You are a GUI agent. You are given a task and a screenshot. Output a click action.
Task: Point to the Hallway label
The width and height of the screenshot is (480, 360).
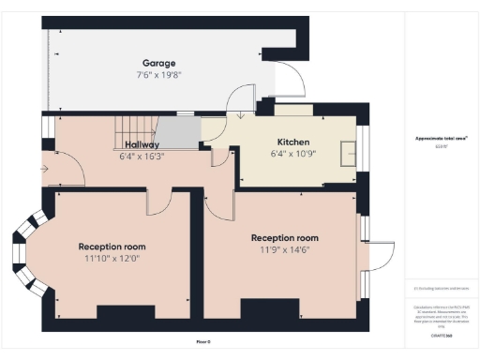142,144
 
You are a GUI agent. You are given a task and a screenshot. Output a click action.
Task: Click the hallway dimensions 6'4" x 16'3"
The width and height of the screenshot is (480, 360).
142,157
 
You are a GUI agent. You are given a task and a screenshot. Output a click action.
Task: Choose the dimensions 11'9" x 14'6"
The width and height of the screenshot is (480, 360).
283,250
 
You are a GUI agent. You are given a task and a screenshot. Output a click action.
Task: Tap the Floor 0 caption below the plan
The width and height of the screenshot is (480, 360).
203,341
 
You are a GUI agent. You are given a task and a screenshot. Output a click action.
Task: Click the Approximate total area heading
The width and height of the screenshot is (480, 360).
441,139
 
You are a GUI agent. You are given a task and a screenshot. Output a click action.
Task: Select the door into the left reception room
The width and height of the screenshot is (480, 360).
160,200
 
